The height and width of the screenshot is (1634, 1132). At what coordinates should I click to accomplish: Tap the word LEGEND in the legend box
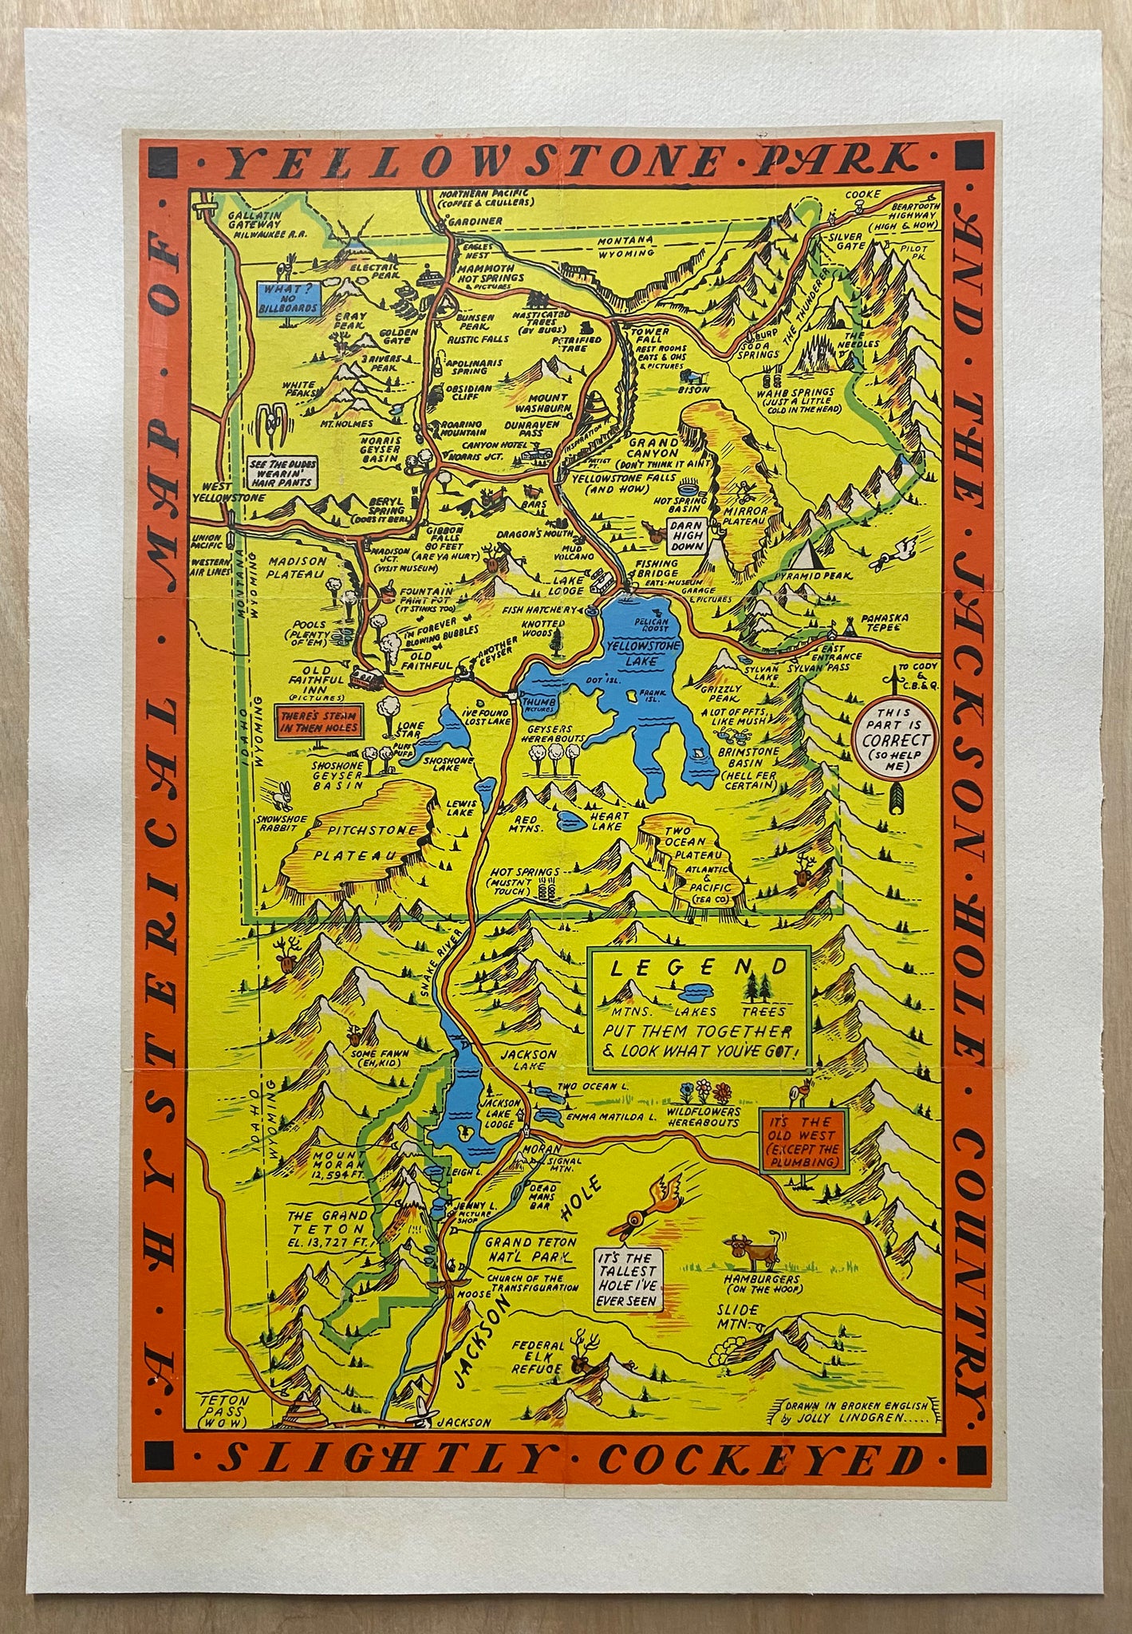click(x=698, y=968)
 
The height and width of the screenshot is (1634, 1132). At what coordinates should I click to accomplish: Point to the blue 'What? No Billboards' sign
click(x=288, y=296)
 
